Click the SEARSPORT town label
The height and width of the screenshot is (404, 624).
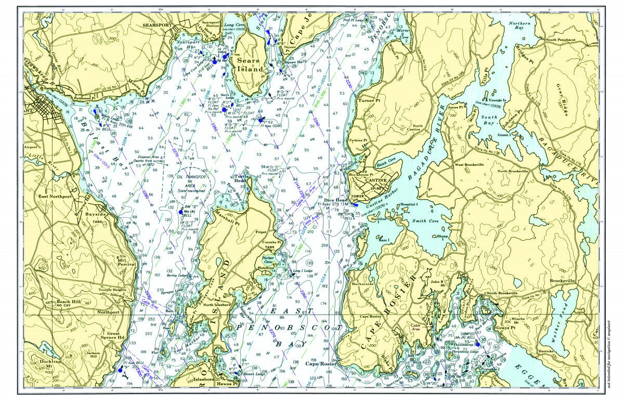pos(154,24)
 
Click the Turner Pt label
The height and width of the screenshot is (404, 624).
pos(369,100)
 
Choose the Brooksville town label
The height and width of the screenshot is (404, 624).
pos(563,280)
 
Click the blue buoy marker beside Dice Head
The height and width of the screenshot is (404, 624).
pos(355,204)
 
